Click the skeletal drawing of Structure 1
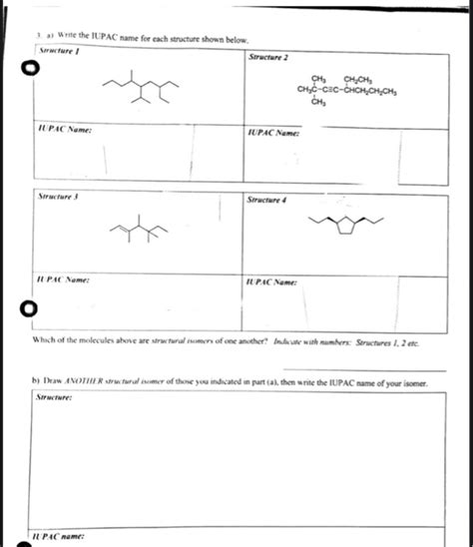[x=140, y=90]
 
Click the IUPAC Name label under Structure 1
[x=60, y=131]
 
